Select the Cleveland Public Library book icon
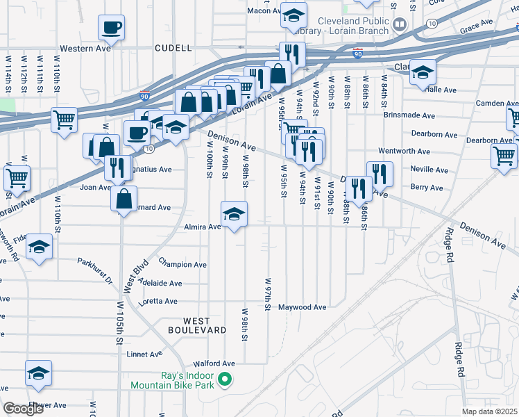tap(400, 26)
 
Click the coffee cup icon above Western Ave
tap(111, 28)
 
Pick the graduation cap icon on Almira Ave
tap(235, 214)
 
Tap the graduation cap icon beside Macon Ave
tap(294, 15)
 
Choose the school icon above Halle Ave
tap(422, 71)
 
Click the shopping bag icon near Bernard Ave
tap(123, 199)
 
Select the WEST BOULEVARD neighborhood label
tap(197, 325)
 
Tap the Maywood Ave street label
tap(303, 307)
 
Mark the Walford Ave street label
tap(214, 363)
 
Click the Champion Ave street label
tap(182, 264)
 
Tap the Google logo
tap(23, 409)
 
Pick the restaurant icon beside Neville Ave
tap(380, 173)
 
